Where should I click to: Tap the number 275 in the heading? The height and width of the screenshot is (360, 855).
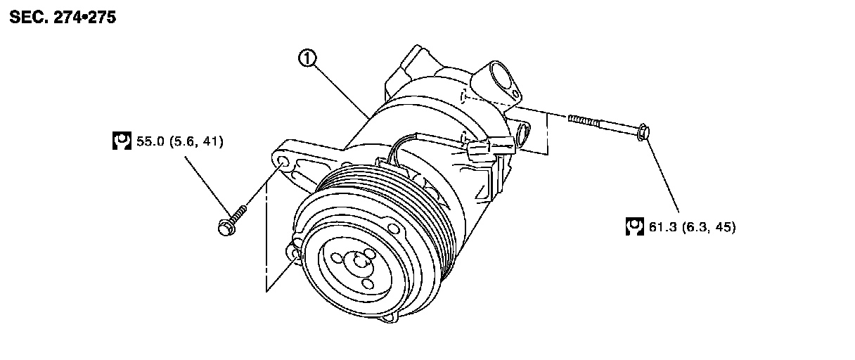click(101, 18)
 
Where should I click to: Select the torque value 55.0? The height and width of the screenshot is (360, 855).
click(150, 141)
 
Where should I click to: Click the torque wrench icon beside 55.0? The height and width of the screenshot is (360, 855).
click(122, 141)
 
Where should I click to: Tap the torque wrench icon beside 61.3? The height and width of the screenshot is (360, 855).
click(635, 226)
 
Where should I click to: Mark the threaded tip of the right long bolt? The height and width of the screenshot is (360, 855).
click(573, 118)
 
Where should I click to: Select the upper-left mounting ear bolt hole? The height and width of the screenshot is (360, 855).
click(283, 164)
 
